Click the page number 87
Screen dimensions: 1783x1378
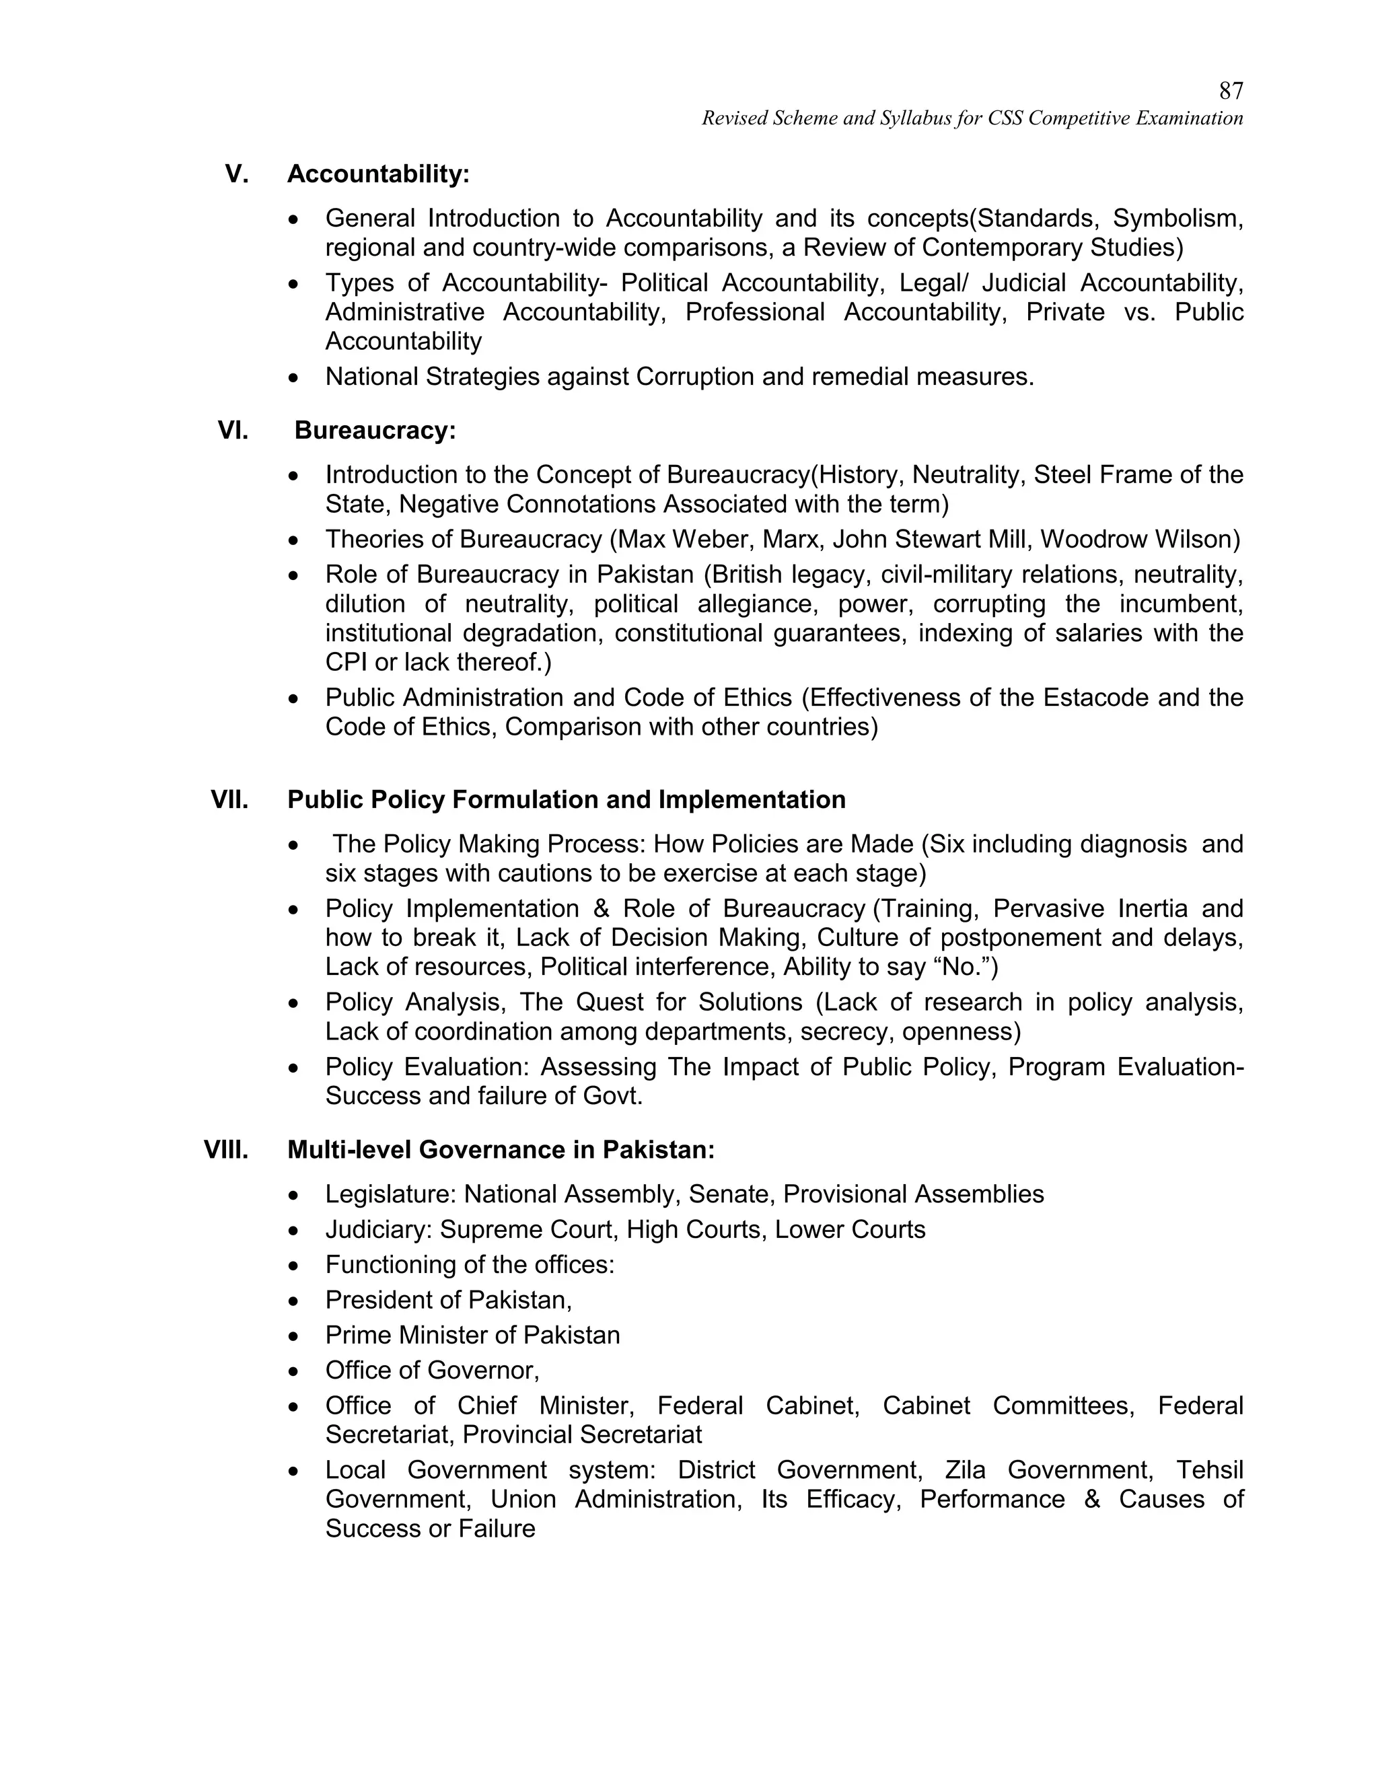1230,91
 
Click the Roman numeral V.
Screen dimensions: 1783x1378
237,174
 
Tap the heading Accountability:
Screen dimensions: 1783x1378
378,174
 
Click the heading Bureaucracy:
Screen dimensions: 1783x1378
375,430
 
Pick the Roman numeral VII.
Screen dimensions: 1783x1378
229,799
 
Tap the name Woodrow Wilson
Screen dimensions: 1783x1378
1140,539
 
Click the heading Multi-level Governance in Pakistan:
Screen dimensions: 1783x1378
501,1149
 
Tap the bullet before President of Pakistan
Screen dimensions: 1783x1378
294,1301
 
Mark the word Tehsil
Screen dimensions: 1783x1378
1209,1469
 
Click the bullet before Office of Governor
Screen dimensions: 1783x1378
294,1371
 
